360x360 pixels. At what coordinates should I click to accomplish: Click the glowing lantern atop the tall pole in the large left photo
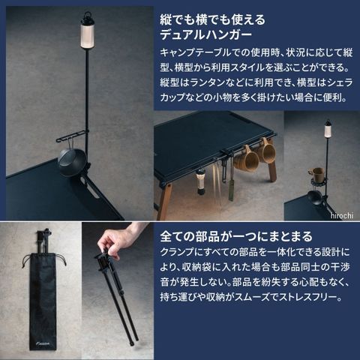[87, 32]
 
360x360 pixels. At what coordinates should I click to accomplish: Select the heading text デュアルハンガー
[206, 34]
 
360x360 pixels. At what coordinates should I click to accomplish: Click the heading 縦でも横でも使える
[212, 19]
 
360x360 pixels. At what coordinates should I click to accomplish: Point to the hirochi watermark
[342, 215]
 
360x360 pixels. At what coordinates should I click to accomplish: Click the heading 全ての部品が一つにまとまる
[236, 236]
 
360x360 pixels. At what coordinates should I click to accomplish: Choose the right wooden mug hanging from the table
[267, 151]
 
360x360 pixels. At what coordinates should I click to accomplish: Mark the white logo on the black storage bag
[43, 343]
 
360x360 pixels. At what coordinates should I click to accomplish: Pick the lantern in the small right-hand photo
[328, 129]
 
